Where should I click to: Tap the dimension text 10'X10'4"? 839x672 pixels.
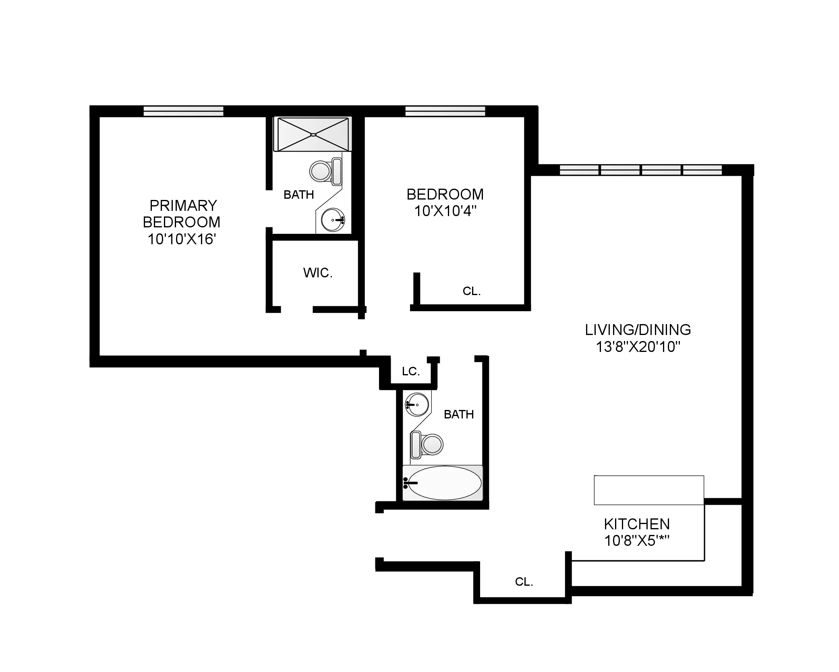tap(445, 211)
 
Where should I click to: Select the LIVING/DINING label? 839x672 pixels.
tap(638, 330)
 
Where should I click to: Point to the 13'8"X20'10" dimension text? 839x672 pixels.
tap(638, 347)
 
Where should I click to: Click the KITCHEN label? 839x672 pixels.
tap(637, 524)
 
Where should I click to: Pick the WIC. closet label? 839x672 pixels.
tap(318, 273)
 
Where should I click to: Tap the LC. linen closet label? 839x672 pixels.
tap(411, 371)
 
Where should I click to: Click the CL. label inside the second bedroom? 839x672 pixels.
tap(471, 291)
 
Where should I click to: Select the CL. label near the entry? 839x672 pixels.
tap(524, 582)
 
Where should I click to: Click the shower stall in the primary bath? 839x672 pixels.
tap(313, 134)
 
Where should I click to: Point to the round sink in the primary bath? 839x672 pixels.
tap(333, 220)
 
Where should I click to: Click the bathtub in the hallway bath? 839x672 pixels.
tap(443, 483)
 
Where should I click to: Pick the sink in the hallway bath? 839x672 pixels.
tap(417, 404)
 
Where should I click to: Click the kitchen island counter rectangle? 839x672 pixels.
tap(648, 490)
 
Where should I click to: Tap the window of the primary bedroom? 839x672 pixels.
tap(183, 111)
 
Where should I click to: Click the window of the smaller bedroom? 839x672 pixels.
tap(445, 111)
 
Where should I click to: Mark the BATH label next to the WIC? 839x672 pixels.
tap(298, 195)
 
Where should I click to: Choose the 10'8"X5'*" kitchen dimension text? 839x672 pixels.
tap(637, 541)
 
